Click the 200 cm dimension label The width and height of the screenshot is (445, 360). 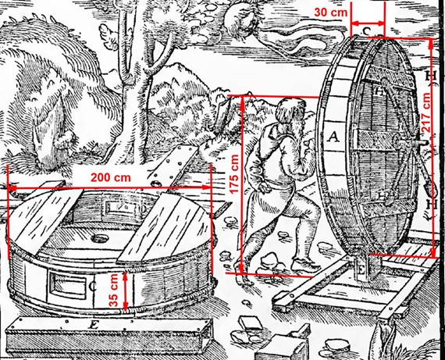coord(111,178)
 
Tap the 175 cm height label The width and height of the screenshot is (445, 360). coord(234,174)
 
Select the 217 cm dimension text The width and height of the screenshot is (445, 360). coord(426,112)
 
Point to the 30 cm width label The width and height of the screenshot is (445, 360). coord(331,12)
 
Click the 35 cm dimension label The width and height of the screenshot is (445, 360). coord(114,290)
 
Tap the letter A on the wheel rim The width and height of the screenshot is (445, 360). coord(333,137)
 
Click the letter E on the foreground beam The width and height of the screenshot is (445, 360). coord(93,325)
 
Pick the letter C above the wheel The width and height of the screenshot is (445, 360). coord(367,30)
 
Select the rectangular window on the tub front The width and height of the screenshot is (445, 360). coord(68,284)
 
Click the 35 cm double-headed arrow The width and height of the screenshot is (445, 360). coord(125,290)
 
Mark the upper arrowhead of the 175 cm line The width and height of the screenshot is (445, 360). coord(241,100)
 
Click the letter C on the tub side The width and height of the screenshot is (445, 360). coord(93,287)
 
